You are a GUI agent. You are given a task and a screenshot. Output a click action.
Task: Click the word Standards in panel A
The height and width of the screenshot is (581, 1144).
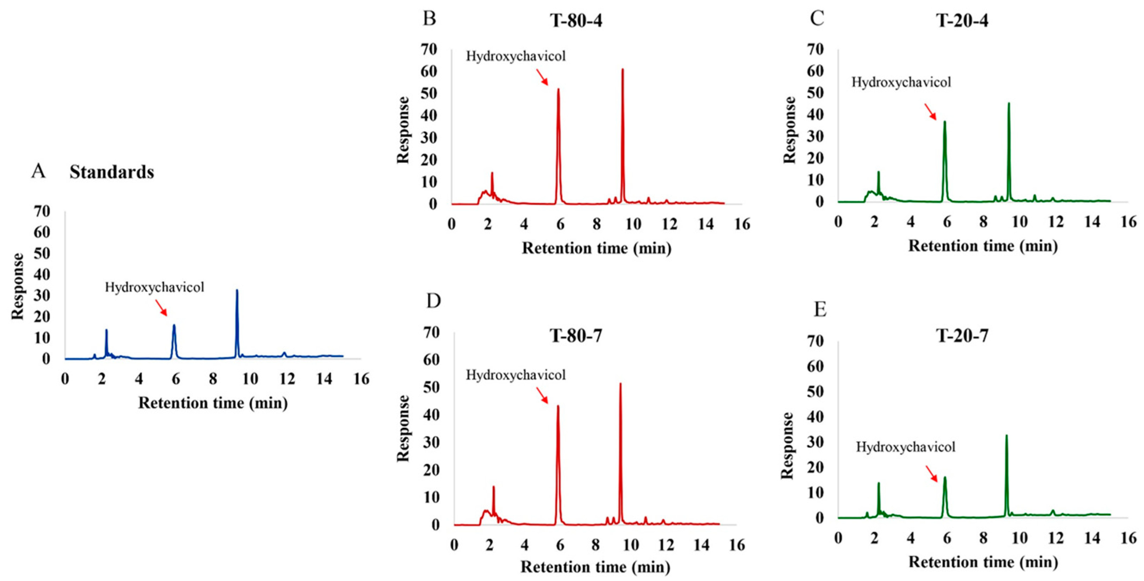coord(112,172)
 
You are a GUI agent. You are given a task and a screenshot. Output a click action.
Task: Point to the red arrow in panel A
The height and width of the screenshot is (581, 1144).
coord(161,307)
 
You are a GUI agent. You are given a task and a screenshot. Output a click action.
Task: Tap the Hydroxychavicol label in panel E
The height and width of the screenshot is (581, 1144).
coord(906,447)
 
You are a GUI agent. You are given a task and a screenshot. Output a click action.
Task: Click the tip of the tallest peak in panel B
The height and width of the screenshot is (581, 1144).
coord(623,69)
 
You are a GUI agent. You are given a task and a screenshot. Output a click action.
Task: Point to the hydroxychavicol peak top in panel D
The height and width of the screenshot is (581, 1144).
coord(558,406)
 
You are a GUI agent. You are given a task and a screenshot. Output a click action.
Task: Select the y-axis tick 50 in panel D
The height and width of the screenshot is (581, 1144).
coord(430,387)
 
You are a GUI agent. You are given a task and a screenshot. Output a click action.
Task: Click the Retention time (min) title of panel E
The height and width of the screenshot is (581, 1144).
coord(983,562)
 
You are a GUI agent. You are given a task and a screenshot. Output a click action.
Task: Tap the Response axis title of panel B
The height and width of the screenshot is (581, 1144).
coord(403,130)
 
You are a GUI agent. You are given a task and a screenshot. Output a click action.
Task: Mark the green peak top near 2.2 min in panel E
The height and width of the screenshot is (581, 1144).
coord(878,484)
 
